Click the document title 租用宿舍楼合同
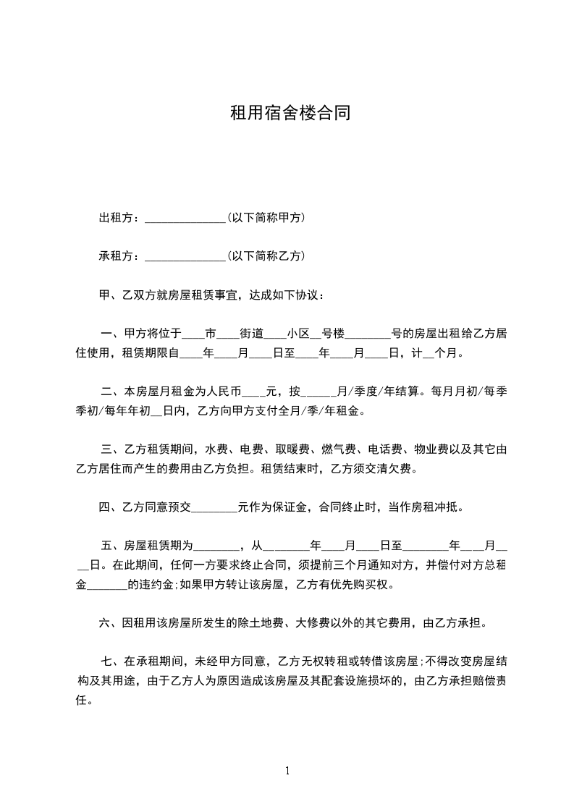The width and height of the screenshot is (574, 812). (x=290, y=113)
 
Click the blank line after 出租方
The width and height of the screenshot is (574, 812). (x=186, y=219)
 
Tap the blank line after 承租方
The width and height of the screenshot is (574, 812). (x=186, y=258)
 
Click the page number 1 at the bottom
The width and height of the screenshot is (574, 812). (x=287, y=771)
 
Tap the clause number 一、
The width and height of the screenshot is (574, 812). (x=112, y=334)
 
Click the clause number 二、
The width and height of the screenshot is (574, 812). (x=112, y=392)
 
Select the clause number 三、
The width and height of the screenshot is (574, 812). (x=112, y=449)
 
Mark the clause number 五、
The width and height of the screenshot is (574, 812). (x=112, y=545)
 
